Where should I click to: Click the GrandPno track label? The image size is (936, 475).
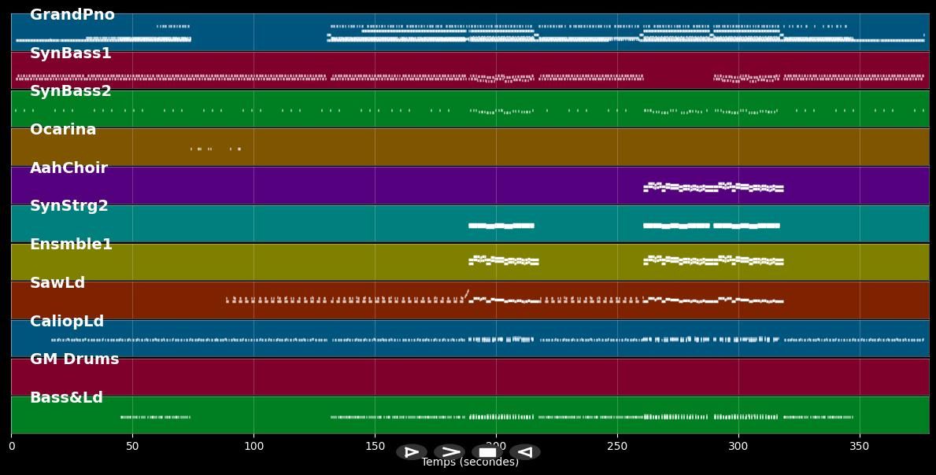(x=72, y=15)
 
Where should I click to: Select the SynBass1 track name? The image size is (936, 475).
(x=70, y=53)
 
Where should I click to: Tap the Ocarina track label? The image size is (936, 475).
(x=63, y=130)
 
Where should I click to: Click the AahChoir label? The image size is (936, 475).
(x=68, y=168)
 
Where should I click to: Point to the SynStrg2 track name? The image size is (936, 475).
(x=69, y=206)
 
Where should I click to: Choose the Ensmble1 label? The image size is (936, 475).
(x=71, y=245)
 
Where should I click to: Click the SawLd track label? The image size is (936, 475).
(x=57, y=283)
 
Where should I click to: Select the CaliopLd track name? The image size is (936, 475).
(x=67, y=322)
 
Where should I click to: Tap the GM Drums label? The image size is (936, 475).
(x=74, y=359)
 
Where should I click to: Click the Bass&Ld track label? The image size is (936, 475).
(x=66, y=398)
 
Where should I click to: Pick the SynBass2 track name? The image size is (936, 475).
(x=70, y=91)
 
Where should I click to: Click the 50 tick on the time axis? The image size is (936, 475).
(x=132, y=446)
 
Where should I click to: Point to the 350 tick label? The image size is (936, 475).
(x=860, y=446)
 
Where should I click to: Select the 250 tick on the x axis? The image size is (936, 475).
(x=617, y=446)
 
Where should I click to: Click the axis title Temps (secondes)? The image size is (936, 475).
(x=470, y=462)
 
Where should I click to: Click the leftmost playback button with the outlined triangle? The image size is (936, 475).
(x=411, y=452)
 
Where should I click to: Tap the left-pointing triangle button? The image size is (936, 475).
(x=525, y=452)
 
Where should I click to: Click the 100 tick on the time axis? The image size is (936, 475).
(x=253, y=446)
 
